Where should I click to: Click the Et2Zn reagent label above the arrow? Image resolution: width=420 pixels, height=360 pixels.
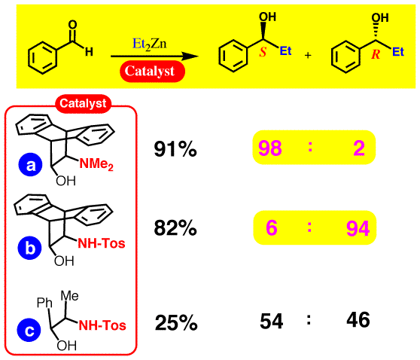coord(150,44)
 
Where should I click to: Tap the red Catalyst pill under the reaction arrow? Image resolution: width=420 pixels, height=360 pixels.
coord(152,72)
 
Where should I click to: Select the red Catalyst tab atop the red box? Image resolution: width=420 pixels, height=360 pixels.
coord(83,103)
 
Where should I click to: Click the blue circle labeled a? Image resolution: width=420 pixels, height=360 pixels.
coord(30,165)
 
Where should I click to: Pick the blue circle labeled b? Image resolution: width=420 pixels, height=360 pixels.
coord(30,248)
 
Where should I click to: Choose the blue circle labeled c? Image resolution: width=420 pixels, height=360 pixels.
coord(29,330)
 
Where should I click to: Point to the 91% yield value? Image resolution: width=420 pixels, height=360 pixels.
coord(175,149)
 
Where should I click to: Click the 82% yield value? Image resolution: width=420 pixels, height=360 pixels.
coord(175,228)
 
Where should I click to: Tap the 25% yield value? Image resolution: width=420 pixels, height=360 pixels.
coord(176,322)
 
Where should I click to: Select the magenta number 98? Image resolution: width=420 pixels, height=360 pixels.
coord(270,148)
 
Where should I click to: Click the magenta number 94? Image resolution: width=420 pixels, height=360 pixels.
coord(358,228)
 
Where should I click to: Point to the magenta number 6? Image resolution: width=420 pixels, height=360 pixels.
coord(271,228)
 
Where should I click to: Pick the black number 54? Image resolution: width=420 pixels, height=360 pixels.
coord(271,321)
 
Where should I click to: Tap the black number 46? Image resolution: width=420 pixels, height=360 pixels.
coord(358,320)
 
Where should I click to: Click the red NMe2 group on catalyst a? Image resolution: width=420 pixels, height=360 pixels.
coord(96,164)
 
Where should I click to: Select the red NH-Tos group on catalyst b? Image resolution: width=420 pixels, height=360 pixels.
coord(102,244)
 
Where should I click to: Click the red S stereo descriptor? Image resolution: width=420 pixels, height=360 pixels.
coord(263,53)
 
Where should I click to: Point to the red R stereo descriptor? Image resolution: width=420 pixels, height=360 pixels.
coord(376,54)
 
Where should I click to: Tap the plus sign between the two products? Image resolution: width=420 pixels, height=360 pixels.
coord(309,55)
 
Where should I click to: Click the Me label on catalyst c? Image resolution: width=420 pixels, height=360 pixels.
coord(70,296)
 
